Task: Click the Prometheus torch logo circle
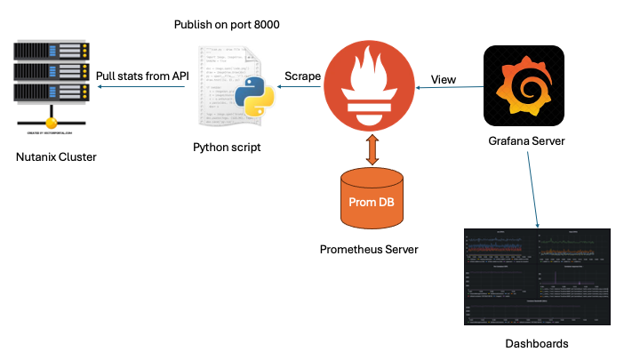coord(367,86)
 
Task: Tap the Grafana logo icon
coord(524,86)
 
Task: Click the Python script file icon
coord(229,86)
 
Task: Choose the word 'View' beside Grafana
coord(444,79)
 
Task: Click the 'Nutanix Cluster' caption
coord(55,157)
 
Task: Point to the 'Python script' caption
coord(227,147)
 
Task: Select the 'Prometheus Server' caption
coord(369,249)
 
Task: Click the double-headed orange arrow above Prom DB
coord(371,148)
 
